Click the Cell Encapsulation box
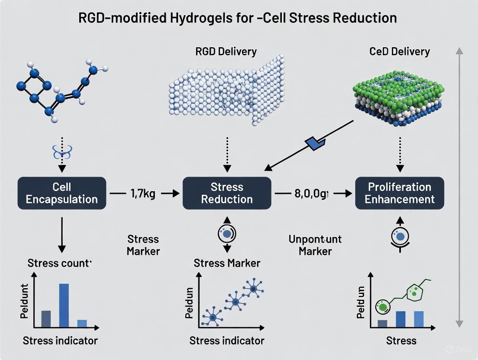point(62,193)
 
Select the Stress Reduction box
point(226,193)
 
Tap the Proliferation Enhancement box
point(399,193)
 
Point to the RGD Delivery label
point(226,52)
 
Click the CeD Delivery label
point(399,52)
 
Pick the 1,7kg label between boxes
point(143,193)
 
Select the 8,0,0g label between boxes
point(312,193)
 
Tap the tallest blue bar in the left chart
point(64,305)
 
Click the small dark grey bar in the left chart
point(46,318)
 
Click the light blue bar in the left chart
point(82,323)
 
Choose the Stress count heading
point(59,263)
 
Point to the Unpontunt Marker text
point(315,245)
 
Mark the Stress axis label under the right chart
point(401,340)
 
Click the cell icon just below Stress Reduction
point(226,234)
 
